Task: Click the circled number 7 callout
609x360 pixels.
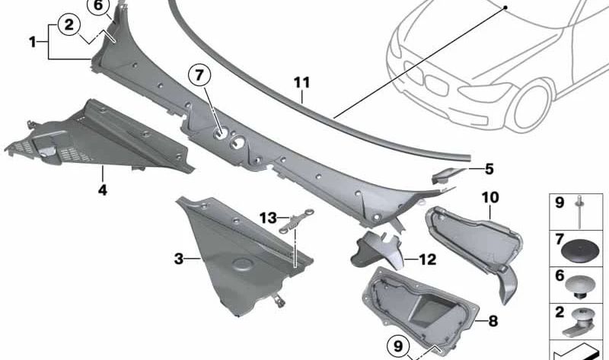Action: click(x=199, y=75)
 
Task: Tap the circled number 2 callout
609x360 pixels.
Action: click(x=69, y=25)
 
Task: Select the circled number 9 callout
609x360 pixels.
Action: click(x=398, y=346)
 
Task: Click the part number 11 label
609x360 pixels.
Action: click(x=301, y=82)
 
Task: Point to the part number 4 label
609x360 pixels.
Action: click(x=102, y=190)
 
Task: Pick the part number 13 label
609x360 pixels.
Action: click(x=268, y=218)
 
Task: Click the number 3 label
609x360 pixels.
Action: click(x=179, y=259)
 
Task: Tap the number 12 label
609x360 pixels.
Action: click(x=427, y=259)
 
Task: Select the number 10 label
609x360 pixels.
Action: click(x=490, y=197)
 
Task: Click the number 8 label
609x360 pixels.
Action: click(x=493, y=321)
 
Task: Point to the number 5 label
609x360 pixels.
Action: click(x=489, y=169)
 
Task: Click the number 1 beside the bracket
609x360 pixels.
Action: click(x=33, y=42)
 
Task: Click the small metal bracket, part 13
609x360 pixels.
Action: click(x=297, y=221)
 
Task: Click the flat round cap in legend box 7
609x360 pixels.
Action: click(x=579, y=250)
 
